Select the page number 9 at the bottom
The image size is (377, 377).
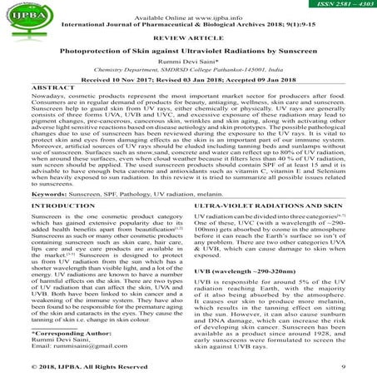[x=343, y=365]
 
